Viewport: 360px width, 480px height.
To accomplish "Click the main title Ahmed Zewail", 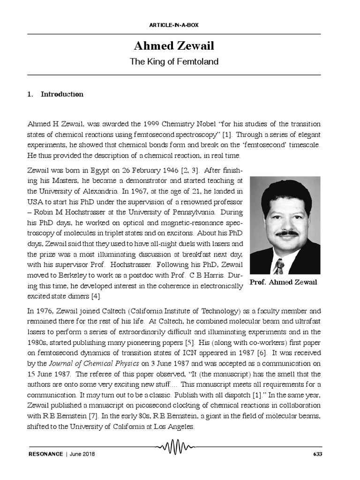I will coord(174,46).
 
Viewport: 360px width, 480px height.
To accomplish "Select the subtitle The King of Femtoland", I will coord(174,61).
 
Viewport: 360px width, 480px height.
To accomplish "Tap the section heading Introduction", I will coord(62,94).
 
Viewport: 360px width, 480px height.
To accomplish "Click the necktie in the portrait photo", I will coord(279,266).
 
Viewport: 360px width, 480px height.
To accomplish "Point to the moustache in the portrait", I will coord(286,233).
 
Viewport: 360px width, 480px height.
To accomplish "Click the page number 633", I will coord(317,454).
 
